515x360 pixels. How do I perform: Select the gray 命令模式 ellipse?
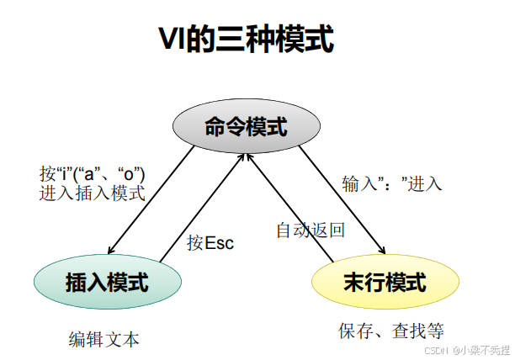[246, 128]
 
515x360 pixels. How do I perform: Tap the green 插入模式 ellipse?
[107, 283]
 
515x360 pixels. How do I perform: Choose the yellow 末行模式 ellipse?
[385, 283]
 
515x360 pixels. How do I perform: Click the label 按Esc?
[210, 243]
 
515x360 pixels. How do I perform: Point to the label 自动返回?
[311, 229]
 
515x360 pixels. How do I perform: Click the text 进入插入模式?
[92, 193]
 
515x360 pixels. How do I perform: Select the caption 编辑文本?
[104, 339]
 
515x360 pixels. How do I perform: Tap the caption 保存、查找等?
[391, 330]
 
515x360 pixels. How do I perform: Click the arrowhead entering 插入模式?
[111, 251]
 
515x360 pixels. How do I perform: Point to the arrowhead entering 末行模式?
[383, 251]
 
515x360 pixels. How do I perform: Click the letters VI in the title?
[172, 39]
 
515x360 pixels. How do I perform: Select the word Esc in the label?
[220, 243]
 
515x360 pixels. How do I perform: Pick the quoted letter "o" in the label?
[129, 173]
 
